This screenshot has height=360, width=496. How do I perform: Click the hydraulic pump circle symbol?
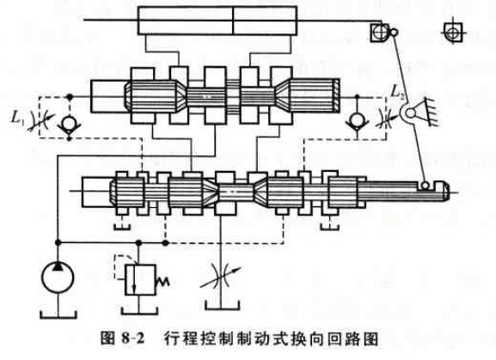58,278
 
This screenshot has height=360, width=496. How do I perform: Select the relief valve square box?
140,280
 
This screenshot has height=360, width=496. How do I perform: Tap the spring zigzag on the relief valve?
162,281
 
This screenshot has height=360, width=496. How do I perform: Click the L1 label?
17,118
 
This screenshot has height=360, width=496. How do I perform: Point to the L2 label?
398,92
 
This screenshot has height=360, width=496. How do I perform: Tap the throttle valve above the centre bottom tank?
220,278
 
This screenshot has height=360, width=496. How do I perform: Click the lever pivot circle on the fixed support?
410,113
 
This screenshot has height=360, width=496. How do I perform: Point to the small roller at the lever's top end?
394,33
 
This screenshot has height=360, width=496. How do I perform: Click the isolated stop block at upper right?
453,32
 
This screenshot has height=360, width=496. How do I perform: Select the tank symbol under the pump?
58,314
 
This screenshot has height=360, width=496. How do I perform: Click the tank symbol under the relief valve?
139,310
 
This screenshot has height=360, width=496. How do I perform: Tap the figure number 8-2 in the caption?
132,339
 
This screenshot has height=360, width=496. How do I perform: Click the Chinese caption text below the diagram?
271,339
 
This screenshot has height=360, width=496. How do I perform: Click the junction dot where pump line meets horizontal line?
58,242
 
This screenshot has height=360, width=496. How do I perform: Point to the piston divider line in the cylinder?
233,21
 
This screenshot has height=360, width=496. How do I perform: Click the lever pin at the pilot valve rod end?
426,184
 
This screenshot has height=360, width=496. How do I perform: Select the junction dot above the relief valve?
138,242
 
